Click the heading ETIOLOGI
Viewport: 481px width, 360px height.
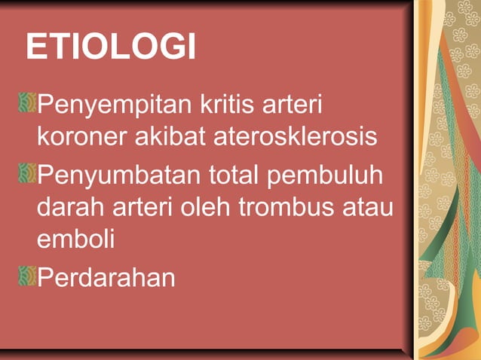click(111, 47)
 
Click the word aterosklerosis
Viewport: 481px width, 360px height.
click(293, 139)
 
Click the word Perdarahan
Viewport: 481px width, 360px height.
click(106, 276)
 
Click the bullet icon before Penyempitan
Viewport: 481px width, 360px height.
click(28, 102)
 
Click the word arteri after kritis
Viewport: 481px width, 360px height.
click(295, 105)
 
